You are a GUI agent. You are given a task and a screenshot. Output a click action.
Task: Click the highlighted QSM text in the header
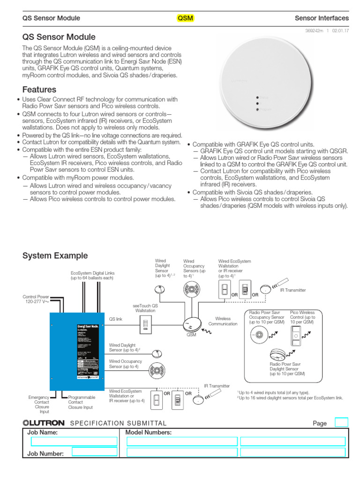pos(185,18)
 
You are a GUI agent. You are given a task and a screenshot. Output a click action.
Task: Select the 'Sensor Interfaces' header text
pos(322,18)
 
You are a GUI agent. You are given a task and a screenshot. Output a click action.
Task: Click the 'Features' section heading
pos(39,90)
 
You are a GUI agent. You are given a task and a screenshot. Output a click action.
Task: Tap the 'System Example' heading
pos(55,256)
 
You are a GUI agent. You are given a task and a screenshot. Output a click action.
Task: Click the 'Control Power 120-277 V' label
pos(37,299)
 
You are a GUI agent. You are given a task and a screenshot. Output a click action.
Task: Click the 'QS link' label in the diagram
pos(116,319)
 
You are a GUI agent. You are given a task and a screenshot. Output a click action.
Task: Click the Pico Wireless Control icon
pos(296,336)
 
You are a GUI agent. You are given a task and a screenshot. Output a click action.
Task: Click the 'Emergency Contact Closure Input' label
pos(38,405)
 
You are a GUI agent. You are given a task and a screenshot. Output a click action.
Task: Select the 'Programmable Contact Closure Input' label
pos(82,402)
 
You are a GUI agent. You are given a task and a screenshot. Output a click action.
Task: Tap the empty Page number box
pos(341,422)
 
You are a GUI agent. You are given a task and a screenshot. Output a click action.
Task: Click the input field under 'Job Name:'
pos(74,442)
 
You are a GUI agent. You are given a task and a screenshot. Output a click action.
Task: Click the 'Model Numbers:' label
pos(148,433)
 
